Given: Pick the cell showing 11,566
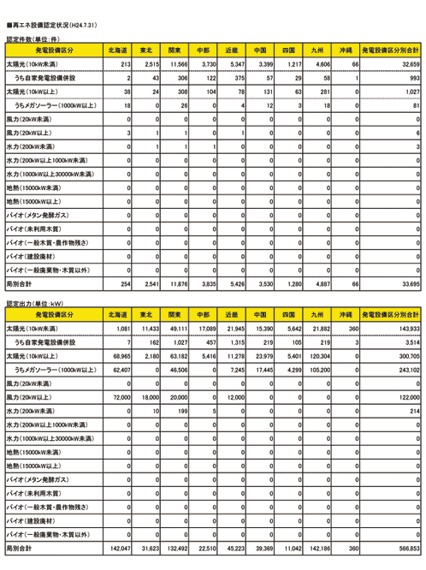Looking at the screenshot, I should point(178,64).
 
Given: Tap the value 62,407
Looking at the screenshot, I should point(118,370).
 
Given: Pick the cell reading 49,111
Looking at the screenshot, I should point(176,329).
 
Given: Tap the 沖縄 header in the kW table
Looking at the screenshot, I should point(346,315).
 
